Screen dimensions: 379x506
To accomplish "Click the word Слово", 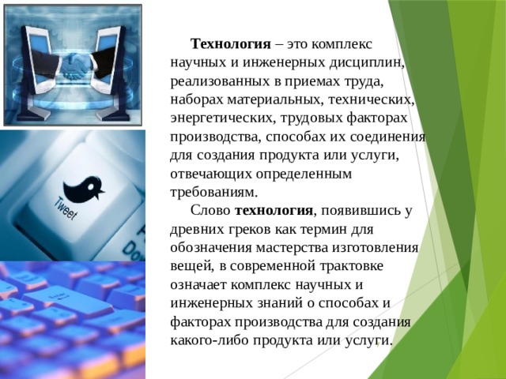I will (211, 211).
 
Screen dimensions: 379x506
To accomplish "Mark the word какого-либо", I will (209, 340).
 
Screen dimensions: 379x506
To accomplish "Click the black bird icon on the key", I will (85, 187).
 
